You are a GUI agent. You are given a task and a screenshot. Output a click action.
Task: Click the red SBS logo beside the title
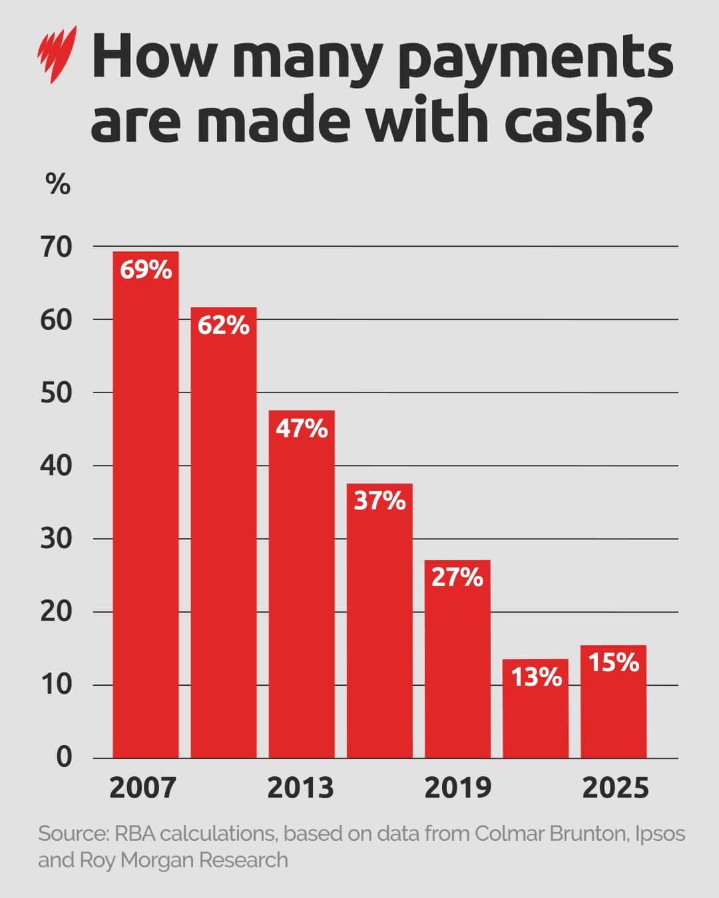pos(57,54)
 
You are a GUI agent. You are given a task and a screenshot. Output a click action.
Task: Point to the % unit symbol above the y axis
pos(58,184)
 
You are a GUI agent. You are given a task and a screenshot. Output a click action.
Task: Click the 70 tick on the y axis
pos(57,247)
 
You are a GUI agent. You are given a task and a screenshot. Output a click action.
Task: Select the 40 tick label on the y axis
pos(57,466)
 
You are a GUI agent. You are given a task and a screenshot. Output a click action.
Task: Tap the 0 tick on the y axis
pos(64,757)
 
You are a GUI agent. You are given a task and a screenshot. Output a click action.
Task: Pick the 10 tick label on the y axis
pos(57,684)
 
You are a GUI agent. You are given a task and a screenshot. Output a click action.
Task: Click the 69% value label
pos(146,270)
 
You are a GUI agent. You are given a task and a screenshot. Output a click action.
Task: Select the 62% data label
pos(224,325)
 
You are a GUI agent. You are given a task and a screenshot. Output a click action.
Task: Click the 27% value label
pos(457,577)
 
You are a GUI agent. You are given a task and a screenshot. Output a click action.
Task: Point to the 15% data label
pos(613,663)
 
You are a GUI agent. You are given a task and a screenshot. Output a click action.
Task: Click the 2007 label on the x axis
pos(142,788)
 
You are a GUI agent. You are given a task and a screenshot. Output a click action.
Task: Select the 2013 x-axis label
pos(300,788)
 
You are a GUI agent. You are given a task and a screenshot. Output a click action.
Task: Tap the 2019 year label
pos(458,788)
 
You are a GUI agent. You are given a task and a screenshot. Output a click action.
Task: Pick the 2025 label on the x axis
pos(615,788)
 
